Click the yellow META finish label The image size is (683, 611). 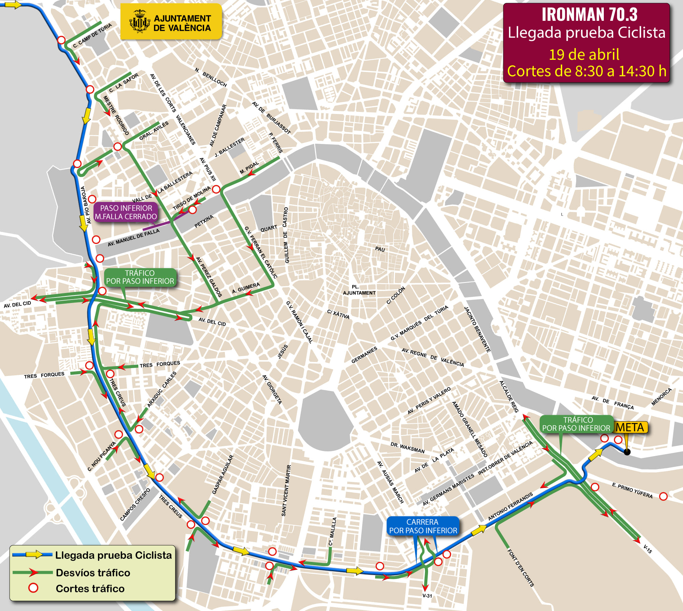tap(630, 427)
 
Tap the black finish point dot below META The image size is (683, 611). tap(627, 452)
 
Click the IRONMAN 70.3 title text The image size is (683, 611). tap(589, 14)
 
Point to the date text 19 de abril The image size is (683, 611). tap(584, 55)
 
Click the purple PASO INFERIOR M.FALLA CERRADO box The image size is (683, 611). tap(126, 212)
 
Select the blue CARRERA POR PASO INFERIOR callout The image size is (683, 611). tap(423, 526)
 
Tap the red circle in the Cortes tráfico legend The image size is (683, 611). tap(33, 588)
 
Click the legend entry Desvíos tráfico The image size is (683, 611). tap(93, 572)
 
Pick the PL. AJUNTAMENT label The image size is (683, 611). tap(359, 290)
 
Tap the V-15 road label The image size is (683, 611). tap(648, 549)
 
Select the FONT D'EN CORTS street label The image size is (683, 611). tap(521, 568)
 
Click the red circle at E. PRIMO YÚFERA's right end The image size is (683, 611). tap(663, 496)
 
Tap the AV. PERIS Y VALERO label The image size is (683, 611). tap(429, 401)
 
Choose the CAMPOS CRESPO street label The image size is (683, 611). tap(135, 505)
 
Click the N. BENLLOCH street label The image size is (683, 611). tap(211, 77)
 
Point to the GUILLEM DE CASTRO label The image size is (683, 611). tap(286, 235)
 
